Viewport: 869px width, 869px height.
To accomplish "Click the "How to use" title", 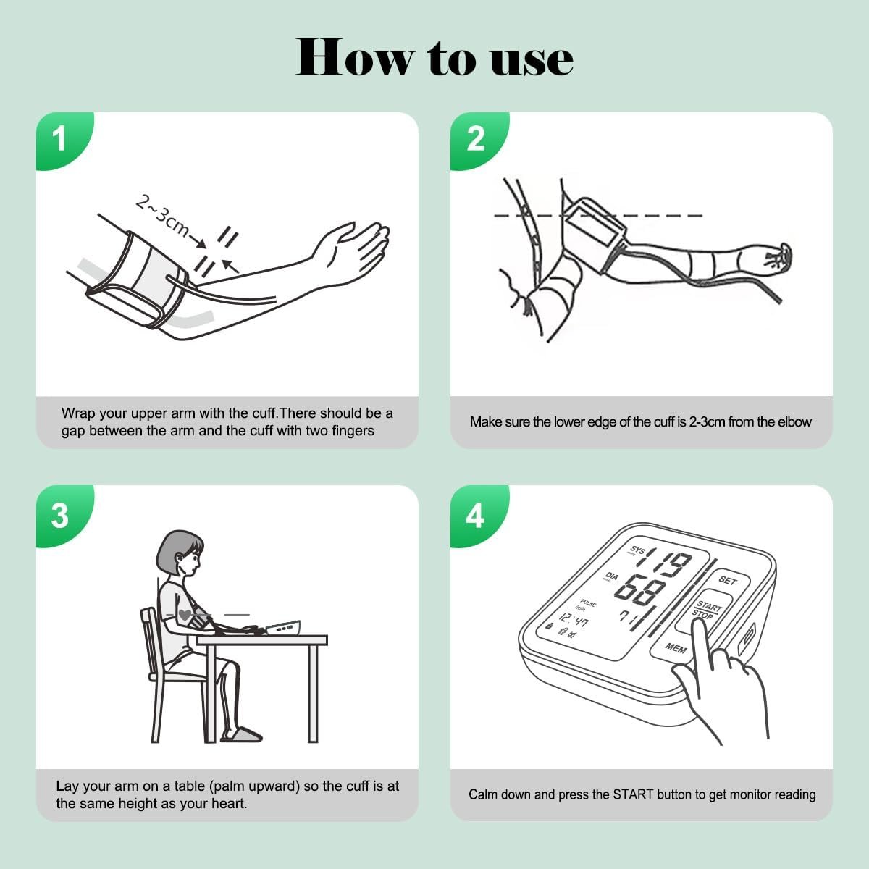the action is [x=434, y=57].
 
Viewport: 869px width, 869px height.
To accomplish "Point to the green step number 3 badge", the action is [x=62, y=515].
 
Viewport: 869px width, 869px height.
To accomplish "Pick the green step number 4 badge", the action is [x=477, y=515].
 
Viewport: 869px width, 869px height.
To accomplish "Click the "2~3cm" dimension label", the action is [x=163, y=216].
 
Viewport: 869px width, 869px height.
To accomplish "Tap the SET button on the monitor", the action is [x=727, y=580].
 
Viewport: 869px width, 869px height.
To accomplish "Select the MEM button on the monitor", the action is [x=675, y=647].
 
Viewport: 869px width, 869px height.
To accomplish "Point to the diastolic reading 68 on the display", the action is [x=640, y=589].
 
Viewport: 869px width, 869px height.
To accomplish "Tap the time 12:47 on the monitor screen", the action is [x=574, y=620].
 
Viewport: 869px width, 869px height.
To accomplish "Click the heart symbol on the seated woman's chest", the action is [x=185, y=613].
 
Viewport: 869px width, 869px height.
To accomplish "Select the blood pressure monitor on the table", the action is [x=283, y=628].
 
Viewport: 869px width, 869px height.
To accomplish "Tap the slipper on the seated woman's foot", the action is [x=241, y=735].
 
